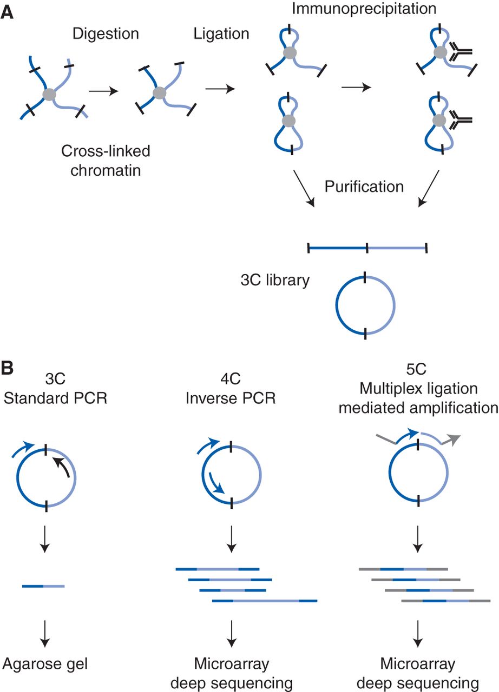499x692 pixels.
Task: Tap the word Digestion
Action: click(x=106, y=34)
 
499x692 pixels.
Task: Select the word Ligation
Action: click(x=221, y=34)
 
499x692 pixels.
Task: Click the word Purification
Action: click(x=364, y=187)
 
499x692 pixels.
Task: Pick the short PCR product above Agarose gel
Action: click(x=43, y=585)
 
